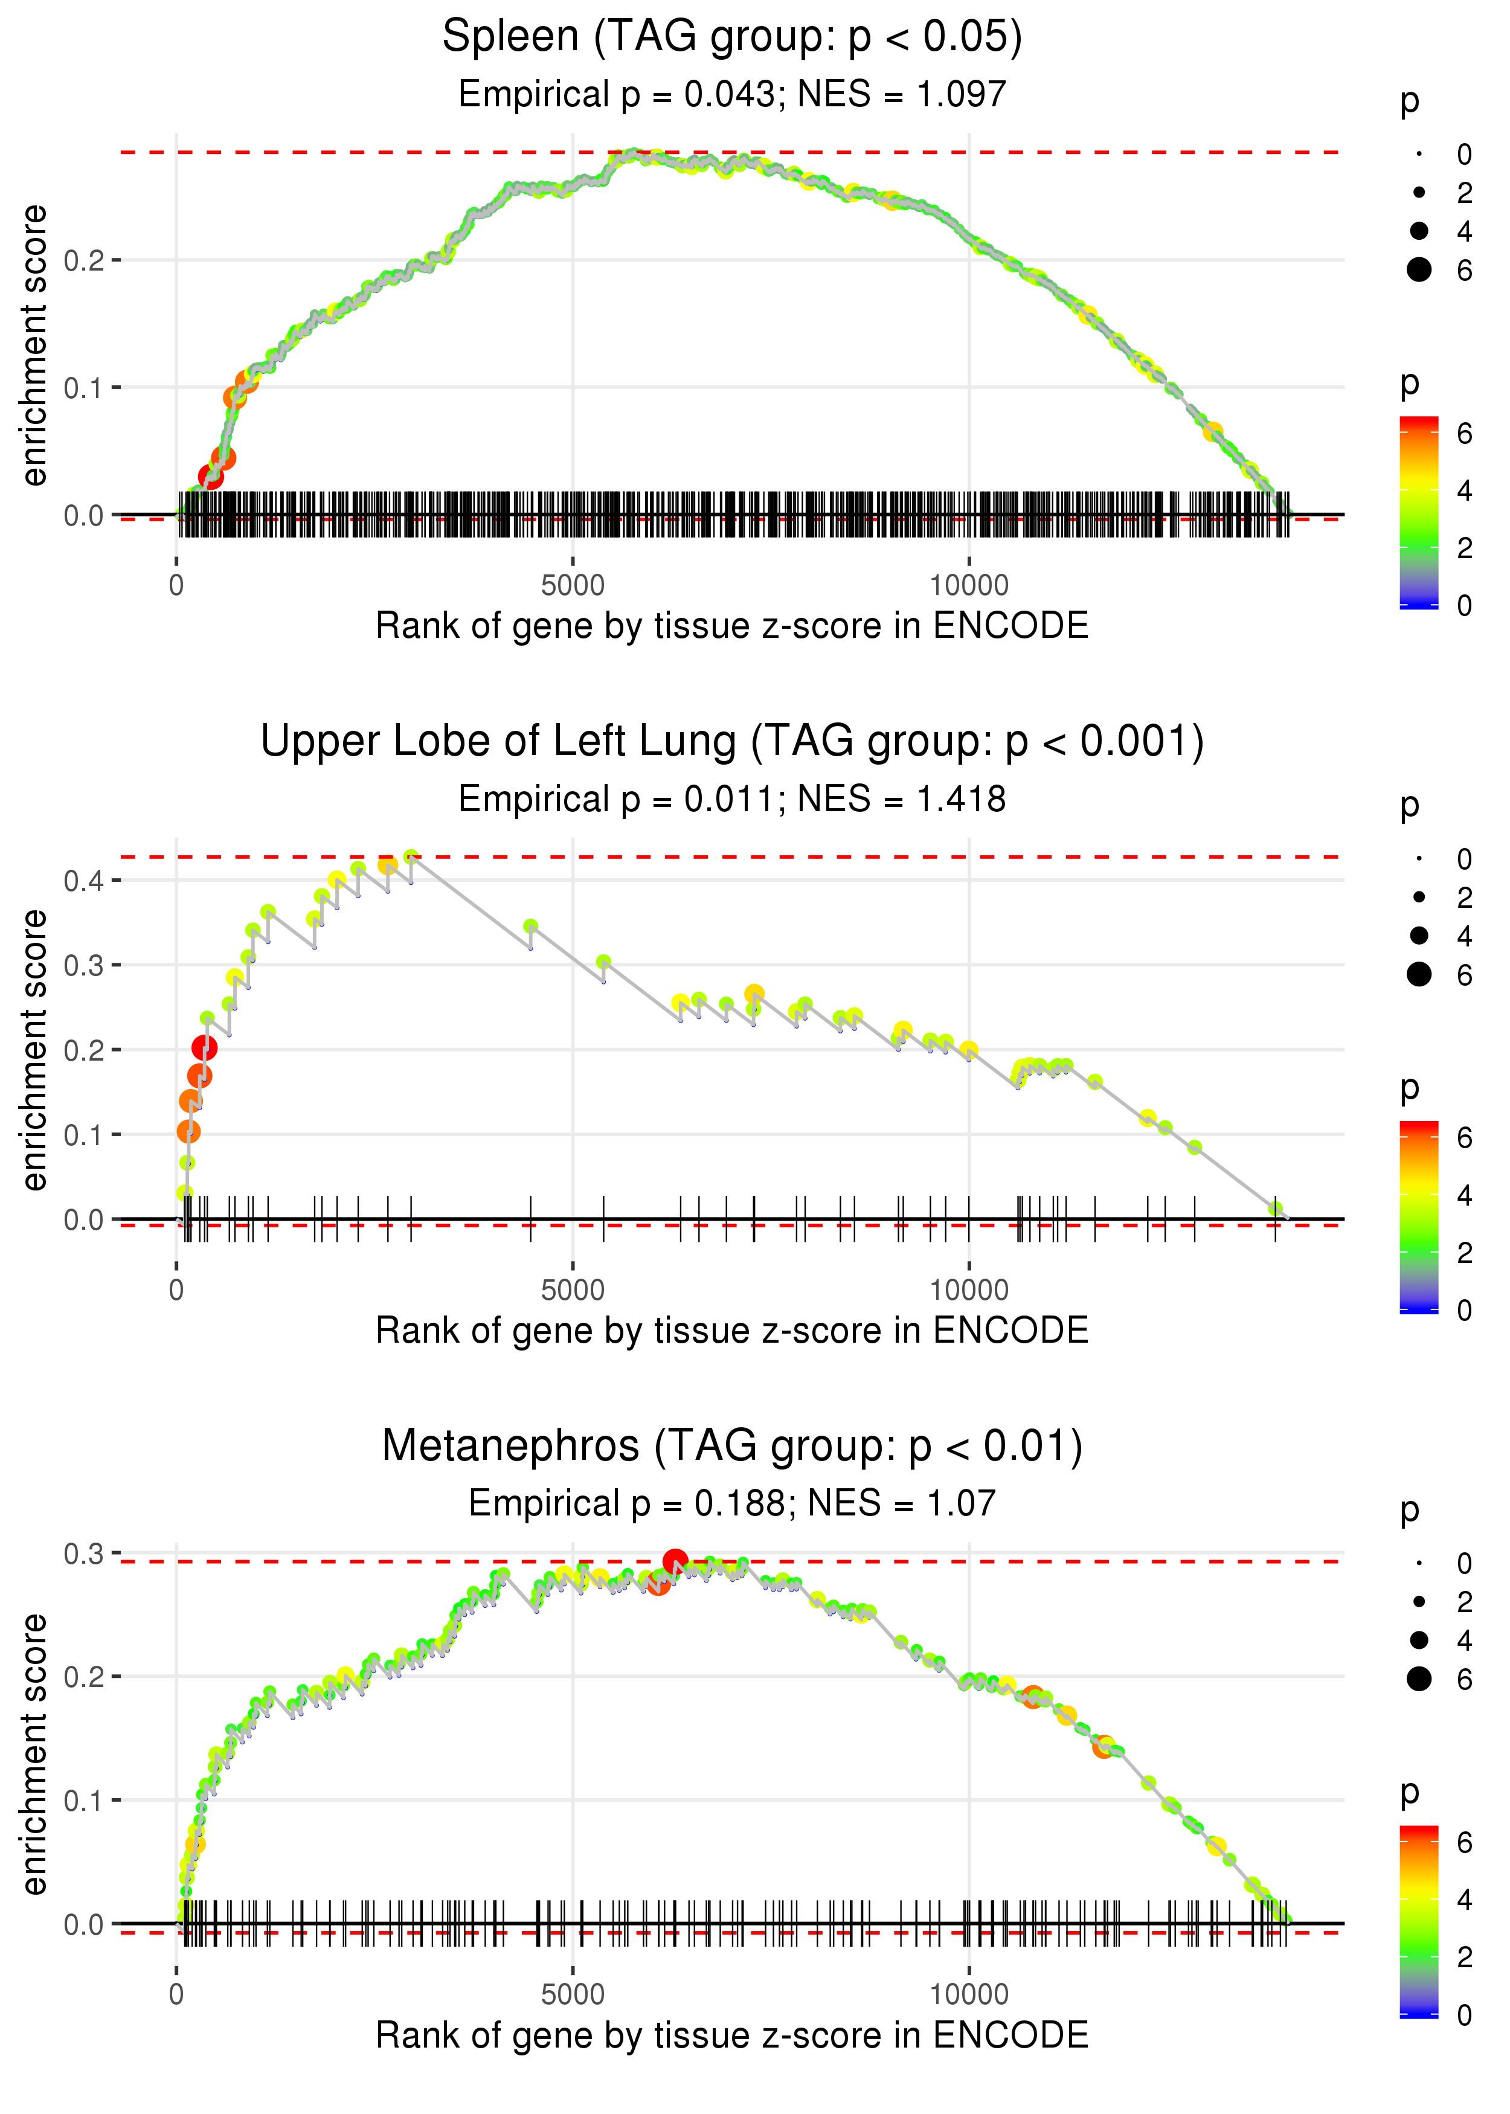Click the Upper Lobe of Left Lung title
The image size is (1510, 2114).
732,742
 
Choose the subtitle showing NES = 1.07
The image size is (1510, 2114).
732,1504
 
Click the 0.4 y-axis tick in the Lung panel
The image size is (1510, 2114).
84,881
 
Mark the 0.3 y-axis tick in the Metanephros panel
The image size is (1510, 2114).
84,1554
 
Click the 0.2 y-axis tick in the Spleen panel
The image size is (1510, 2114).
84,260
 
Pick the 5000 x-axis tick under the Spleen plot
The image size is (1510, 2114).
572,586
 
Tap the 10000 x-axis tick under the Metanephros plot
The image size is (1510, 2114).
969,1995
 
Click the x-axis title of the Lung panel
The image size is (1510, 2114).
732,1331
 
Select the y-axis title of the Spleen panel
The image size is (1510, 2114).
34,346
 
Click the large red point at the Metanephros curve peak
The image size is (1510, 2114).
675,1561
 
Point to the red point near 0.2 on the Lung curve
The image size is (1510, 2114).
205,1049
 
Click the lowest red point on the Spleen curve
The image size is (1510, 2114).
211,478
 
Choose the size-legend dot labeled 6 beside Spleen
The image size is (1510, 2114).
1419,269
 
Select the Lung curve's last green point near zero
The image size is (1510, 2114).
1276,1209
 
